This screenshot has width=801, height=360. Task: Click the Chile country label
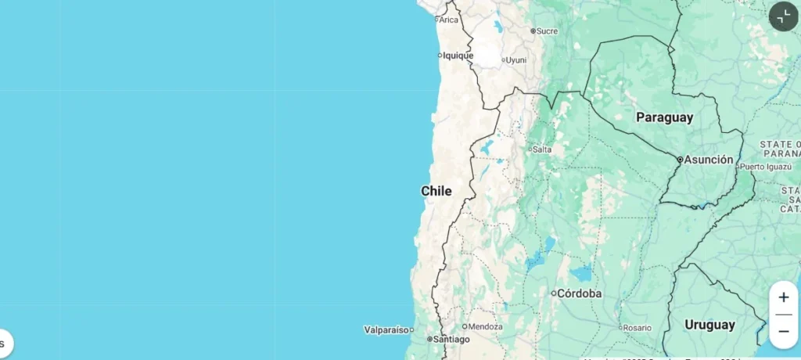pyautogui.click(x=436, y=191)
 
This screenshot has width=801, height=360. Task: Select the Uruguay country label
pyautogui.click(x=709, y=324)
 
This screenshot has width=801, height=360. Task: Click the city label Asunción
pyautogui.click(x=709, y=160)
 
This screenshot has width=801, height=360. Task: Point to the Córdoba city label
pyautogui.click(x=580, y=293)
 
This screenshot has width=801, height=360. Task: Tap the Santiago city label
pyautogui.click(x=452, y=339)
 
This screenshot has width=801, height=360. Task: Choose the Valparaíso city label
pyautogui.click(x=386, y=329)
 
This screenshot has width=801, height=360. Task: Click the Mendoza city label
pyautogui.click(x=485, y=326)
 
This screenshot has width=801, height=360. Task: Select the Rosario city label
pyautogui.click(x=637, y=327)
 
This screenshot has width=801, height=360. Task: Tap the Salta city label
pyautogui.click(x=541, y=149)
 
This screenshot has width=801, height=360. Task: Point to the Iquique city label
pyautogui.click(x=458, y=56)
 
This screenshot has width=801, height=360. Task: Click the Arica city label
pyautogui.click(x=448, y=20)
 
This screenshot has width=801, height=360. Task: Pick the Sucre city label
pyautogui.click(x=548, y=31)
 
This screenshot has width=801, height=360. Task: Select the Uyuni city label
pyautogui.click(x=516, y=59)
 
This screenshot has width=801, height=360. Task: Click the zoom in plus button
pyautogui.click(x=783, y=297)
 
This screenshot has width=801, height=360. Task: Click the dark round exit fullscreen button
pyautogui.click(x=783, y=16)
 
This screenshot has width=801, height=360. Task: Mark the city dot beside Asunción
pyautogui.click(x=680, y=160)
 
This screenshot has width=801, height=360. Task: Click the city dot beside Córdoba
pyautogui.click(x=553, y=293)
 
